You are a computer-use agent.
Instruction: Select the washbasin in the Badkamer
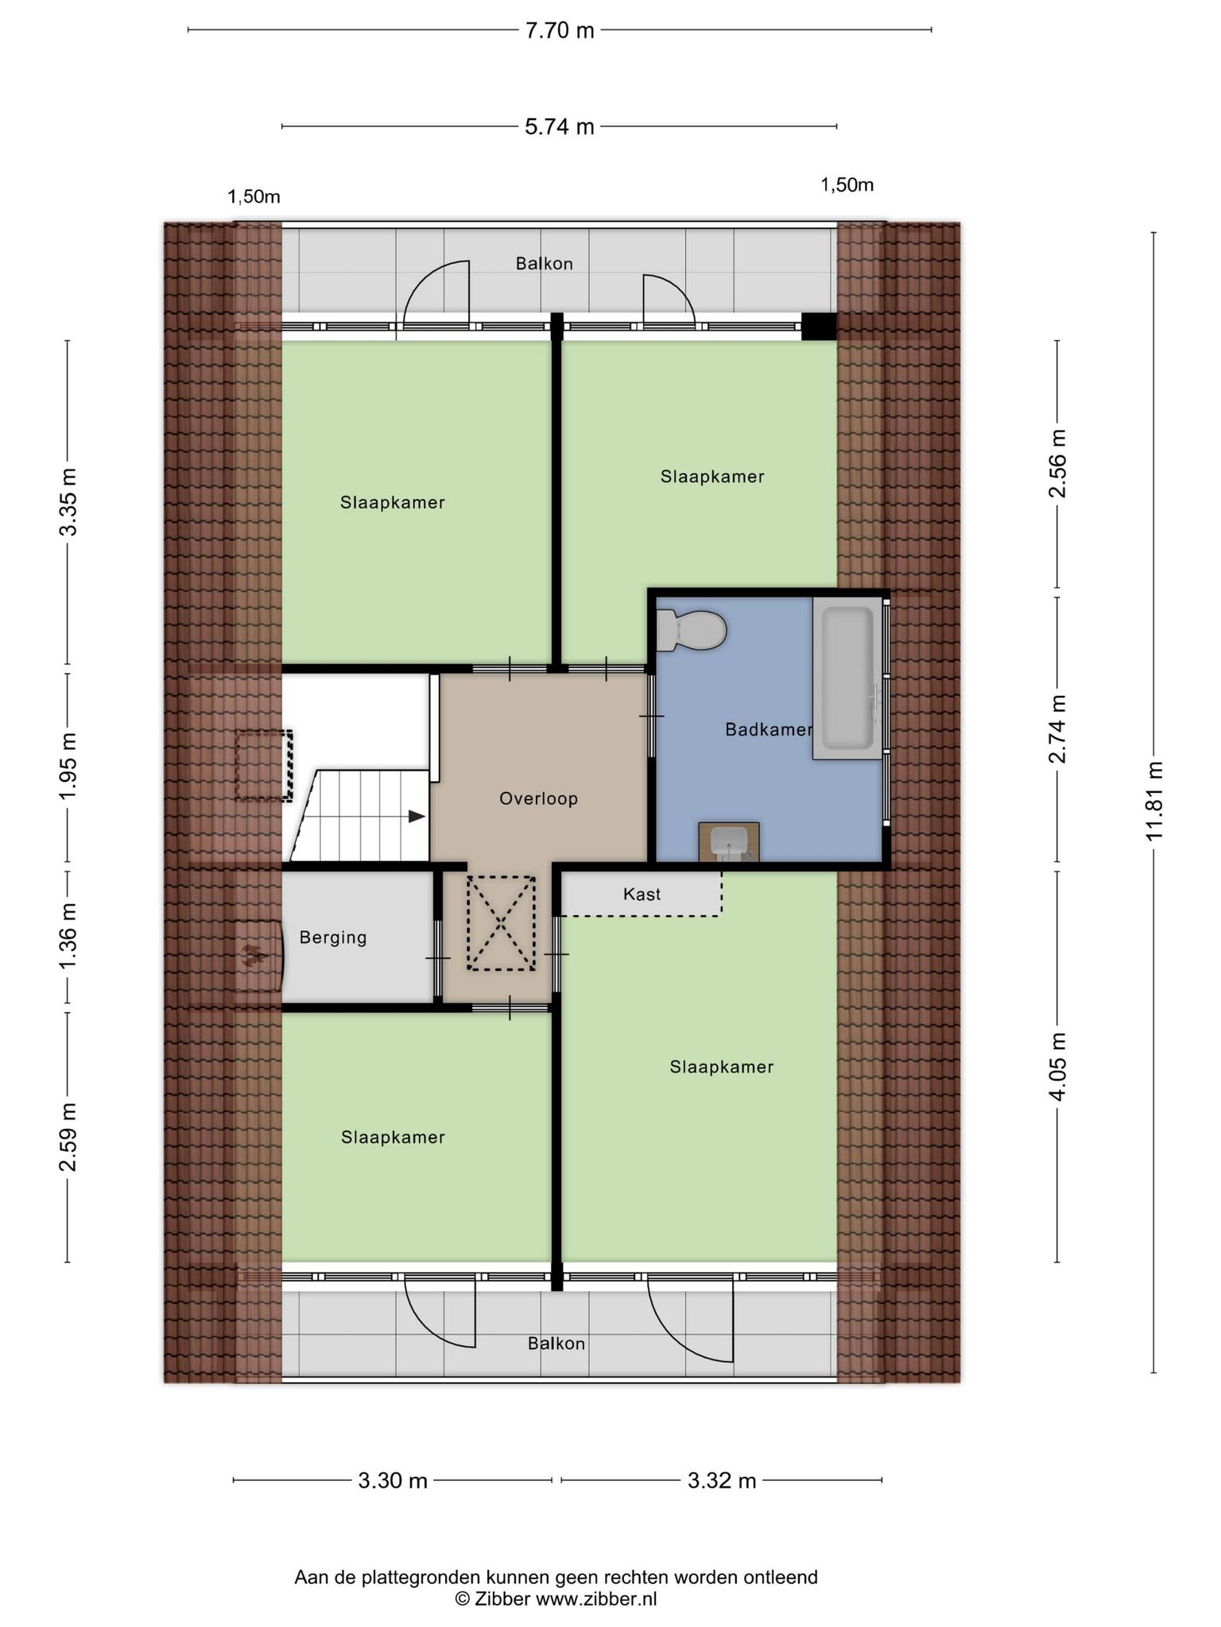coord(729,842)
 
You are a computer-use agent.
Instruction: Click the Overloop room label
coord(538,798)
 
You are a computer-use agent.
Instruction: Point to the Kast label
coord(642,894)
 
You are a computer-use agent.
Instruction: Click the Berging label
coord(333,937)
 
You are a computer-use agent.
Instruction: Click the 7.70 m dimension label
coord(560,30)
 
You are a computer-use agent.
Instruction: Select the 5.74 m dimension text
coord(560,126)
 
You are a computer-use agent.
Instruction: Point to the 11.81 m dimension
coord(1154,802)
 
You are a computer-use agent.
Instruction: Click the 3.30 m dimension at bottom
coord(393,1480)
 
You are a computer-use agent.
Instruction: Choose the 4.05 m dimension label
coord(1058,1066)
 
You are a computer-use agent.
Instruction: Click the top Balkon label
coord(544,263)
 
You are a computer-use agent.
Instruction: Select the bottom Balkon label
coord(556,1343)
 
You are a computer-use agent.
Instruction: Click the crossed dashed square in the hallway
coord(501,922)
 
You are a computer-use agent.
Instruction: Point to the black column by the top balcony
coord(819,327)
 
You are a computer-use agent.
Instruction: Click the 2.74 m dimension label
coord(1058,728)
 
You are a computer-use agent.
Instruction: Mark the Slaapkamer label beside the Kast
coord(721,1066)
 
